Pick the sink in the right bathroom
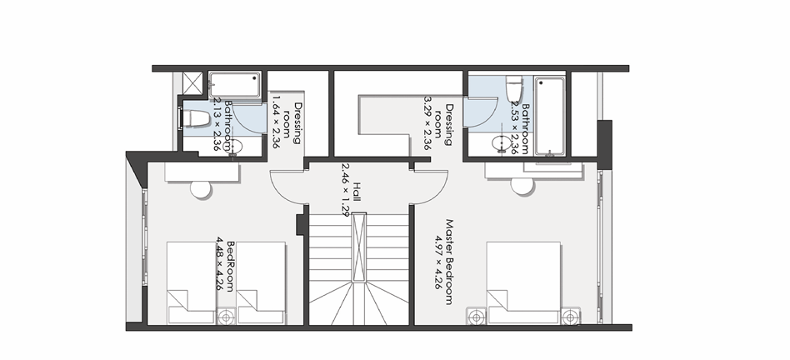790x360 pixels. click(501, 144)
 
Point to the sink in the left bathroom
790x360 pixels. click(234, 147)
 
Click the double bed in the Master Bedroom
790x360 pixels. click(522, 282)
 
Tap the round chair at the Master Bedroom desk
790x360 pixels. click(522, 185)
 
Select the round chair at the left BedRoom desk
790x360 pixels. click(201, 187)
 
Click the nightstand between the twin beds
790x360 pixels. click(226, 317)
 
